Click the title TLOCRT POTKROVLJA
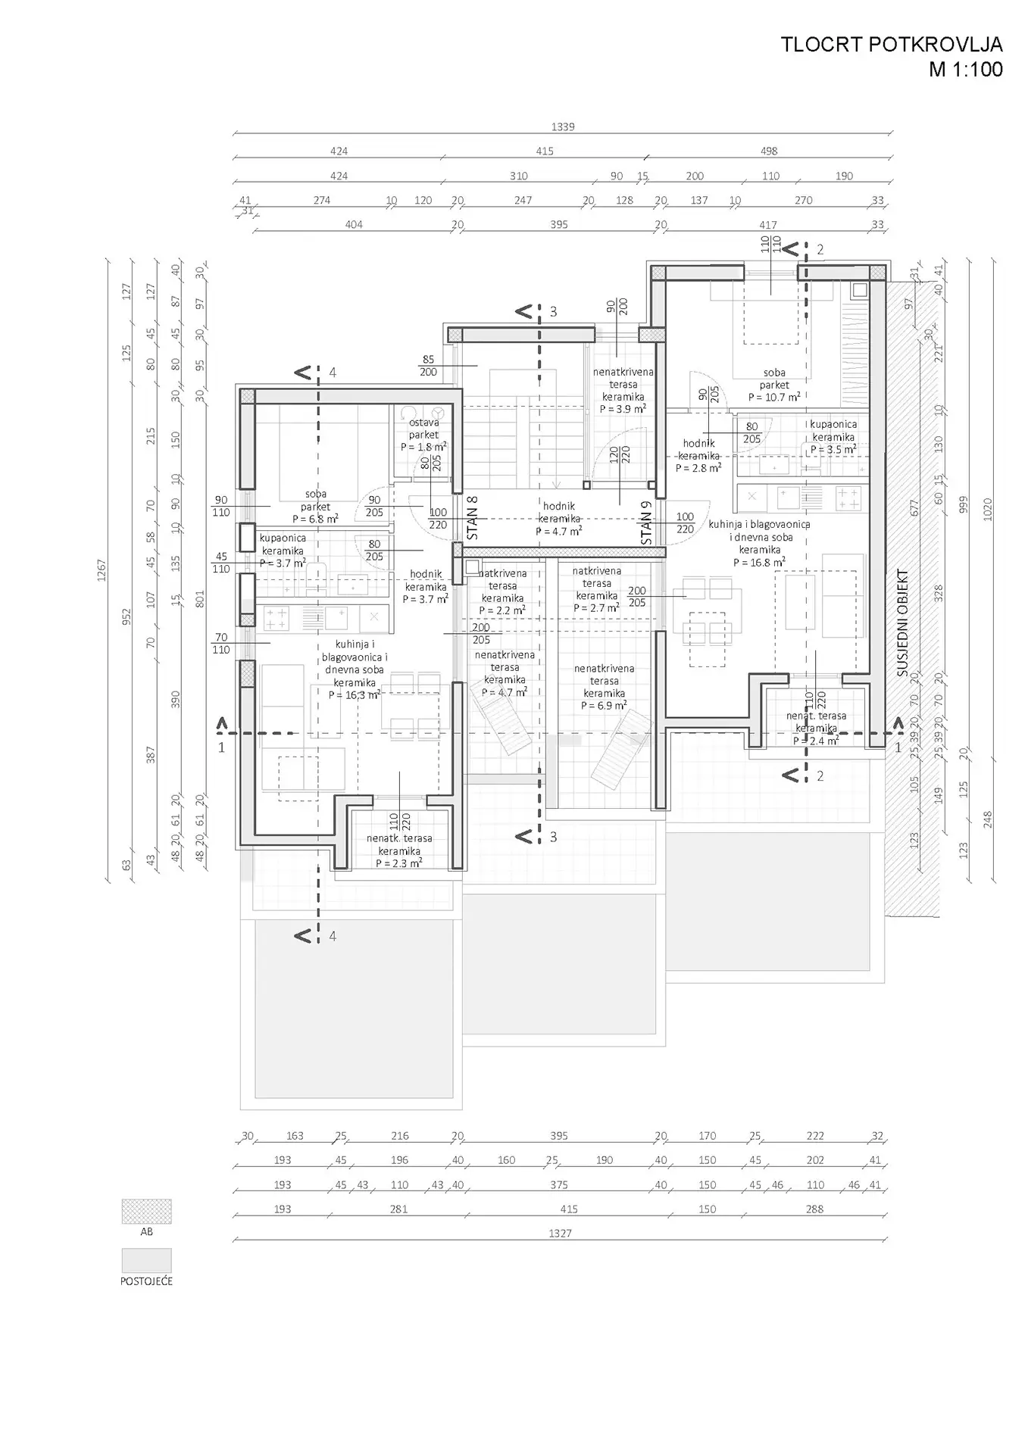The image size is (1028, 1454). (x=891, y=45)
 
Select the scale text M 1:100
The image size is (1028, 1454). (x=965, y=70)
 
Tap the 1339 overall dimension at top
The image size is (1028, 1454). (x=563, y=127)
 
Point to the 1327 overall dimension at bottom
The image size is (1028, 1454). (x=560, y=1234)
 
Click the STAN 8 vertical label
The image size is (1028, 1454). (x=473, y=519)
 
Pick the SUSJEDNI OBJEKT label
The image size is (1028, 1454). (x=902, y=622)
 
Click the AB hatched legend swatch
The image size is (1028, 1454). (x=146, y=1211)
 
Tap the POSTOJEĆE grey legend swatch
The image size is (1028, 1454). (x=146, y=1261)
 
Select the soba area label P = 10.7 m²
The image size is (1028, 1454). (x=774, y=397)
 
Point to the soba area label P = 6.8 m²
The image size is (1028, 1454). (x=315, y=519)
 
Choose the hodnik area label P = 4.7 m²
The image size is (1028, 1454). (x=558, y=531)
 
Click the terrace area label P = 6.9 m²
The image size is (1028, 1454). (x=604, y=705)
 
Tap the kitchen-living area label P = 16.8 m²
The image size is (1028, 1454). (x=759, y=563)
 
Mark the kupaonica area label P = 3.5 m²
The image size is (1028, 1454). (x=833, y=449)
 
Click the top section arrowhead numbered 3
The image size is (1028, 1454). (x=523, y=311)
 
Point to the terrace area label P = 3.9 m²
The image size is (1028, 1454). (x=623, y=409)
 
